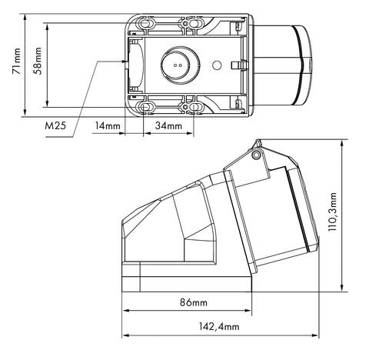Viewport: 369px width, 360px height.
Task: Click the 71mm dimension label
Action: coord(16,61)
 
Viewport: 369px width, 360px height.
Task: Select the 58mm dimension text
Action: coord(38,61)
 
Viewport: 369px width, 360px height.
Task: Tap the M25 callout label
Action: coord(55,125)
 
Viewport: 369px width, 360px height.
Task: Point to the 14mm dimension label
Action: coord(108,125)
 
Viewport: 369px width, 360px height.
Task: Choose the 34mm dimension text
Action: coord(168,125)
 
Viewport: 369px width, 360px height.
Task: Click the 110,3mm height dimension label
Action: coord(333,212)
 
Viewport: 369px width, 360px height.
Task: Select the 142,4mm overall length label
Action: coord(219,326)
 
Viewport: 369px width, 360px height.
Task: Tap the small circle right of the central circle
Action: coord(217,65)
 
